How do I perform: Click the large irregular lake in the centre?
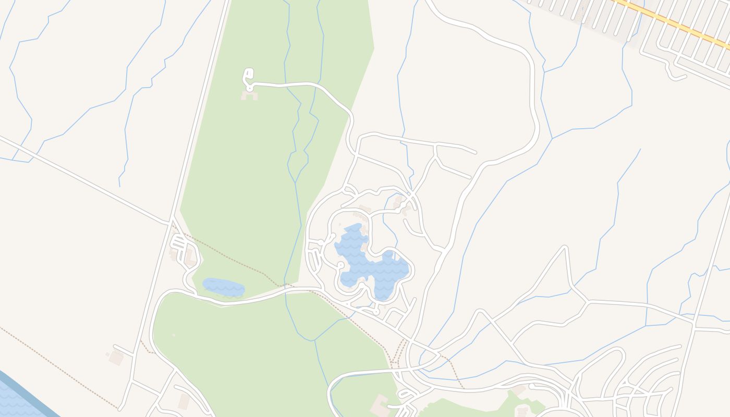[x=371, y=268]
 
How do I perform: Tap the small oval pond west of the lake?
[x=223, y=287]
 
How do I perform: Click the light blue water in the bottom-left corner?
[x=13, y=404]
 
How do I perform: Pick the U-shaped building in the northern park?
[x=249, y=95]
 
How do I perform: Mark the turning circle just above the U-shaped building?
[x=250, y=88]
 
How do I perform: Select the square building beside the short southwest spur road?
[x=116, y=358]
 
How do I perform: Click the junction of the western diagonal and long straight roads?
[x=171, y=223]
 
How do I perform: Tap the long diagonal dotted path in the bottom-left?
[x=57, y=367]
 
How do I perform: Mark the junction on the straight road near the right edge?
[x=693, y=325]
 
